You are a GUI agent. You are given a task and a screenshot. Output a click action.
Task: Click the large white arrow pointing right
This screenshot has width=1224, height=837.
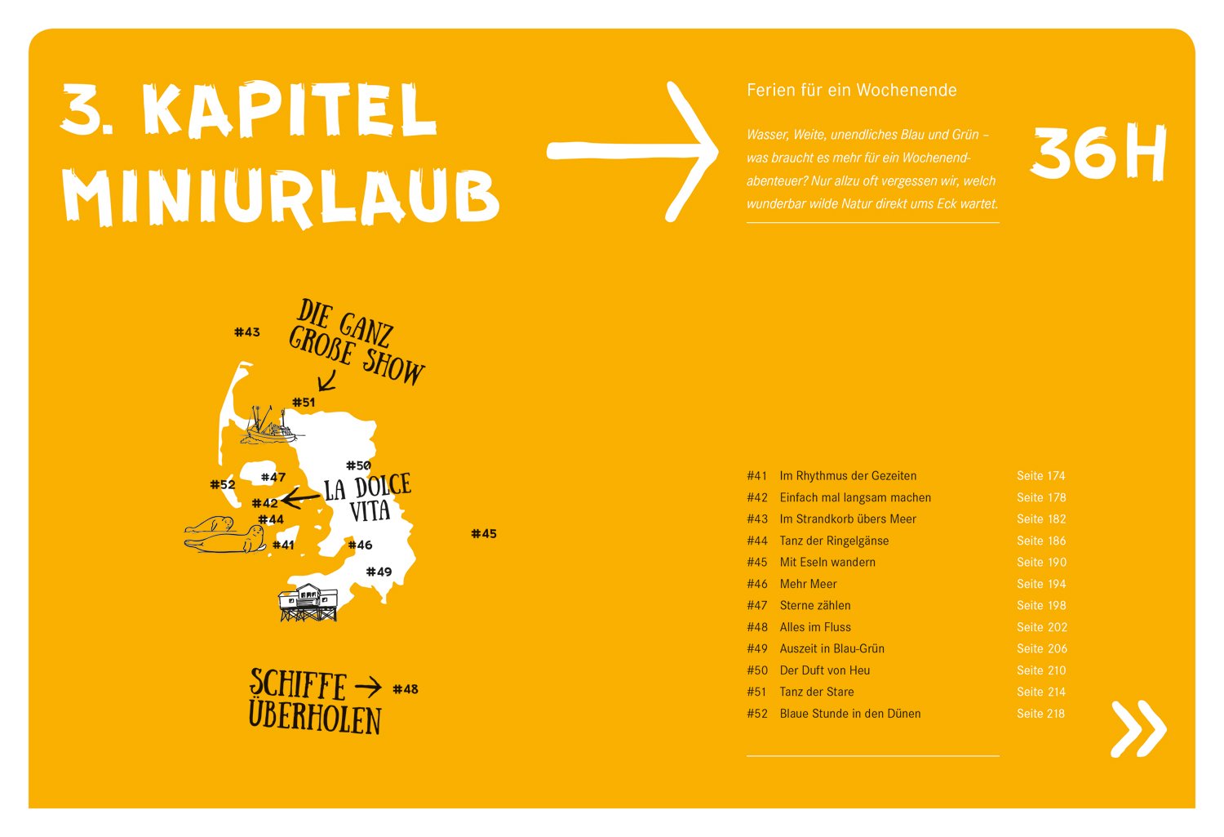632,151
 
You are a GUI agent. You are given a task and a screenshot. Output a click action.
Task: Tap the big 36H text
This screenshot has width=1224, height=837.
1098,154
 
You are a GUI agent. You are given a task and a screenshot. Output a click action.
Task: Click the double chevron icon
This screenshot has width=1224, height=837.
1138,728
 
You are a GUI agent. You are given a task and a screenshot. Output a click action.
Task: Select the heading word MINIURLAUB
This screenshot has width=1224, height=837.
281,197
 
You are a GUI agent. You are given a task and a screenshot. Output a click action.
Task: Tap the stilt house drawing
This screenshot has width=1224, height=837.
308,603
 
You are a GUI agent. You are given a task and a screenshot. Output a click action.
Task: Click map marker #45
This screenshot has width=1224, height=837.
484,534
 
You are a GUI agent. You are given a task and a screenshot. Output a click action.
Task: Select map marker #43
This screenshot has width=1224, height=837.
247,332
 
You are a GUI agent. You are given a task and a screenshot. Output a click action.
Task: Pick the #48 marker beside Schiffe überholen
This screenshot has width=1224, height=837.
406,689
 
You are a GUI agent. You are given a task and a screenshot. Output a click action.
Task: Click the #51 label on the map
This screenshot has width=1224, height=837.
304,403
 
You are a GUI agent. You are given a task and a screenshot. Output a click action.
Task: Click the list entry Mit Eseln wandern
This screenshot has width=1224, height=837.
827,562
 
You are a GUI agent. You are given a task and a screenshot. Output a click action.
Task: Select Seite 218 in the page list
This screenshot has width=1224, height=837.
1040,713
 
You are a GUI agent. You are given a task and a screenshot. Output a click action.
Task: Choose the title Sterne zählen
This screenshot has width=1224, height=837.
815,605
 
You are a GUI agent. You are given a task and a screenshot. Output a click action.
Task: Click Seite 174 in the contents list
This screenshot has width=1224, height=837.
1040,475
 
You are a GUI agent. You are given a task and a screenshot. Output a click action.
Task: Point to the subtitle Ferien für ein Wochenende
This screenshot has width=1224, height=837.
851,90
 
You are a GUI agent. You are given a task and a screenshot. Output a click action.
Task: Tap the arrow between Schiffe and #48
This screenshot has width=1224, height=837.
368,687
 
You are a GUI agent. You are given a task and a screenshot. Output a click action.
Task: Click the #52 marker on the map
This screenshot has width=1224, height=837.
223,484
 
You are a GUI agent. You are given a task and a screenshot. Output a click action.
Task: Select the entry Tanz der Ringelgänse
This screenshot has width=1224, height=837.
834,541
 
